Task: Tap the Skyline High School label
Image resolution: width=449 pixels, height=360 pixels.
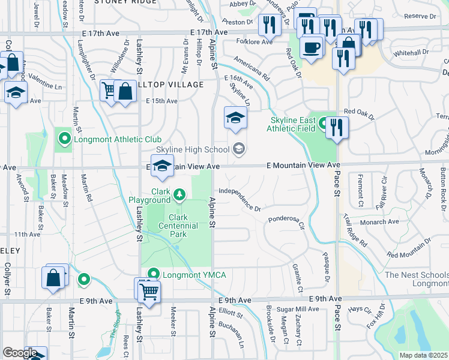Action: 192,149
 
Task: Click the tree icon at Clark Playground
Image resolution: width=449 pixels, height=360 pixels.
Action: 180,194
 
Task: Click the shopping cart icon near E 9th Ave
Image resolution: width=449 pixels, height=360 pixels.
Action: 148,292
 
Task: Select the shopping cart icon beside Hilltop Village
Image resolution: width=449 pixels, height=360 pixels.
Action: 109,91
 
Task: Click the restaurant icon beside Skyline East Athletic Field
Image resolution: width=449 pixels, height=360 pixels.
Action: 337,127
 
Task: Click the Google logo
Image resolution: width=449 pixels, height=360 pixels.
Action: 20,353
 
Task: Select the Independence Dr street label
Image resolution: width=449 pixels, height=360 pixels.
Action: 240,199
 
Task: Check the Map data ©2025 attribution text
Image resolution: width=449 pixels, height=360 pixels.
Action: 423,355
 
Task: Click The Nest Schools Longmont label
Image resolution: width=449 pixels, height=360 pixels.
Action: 417,279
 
